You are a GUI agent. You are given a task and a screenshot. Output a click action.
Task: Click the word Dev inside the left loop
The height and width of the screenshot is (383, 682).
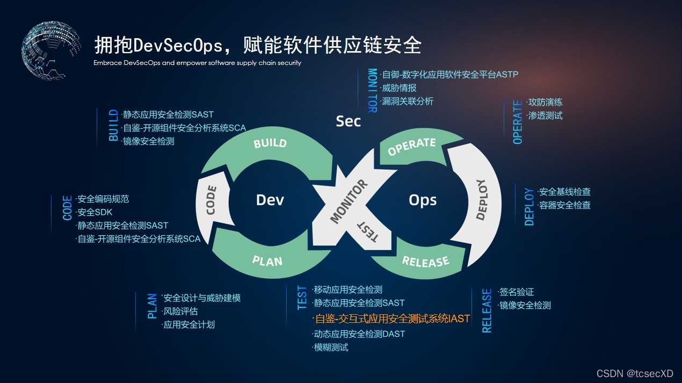270,200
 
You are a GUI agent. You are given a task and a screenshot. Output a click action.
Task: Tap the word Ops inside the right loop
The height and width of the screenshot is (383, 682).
423,200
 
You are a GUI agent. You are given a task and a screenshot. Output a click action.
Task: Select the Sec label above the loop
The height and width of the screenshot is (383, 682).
348,121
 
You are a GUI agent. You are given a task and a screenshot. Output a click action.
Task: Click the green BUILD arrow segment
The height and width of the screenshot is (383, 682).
270,143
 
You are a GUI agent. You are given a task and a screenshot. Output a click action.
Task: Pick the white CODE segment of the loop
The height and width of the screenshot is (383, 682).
211,200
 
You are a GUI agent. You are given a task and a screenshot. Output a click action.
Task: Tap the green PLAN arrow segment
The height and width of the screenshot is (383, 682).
267,261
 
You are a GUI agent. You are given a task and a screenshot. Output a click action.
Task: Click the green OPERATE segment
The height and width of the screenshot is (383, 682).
412,146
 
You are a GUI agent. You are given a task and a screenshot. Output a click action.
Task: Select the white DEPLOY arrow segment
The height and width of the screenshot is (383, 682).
480,200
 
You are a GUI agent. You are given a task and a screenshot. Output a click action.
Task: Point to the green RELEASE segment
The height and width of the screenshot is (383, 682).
425,262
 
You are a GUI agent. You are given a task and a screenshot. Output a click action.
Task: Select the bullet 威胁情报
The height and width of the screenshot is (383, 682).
398,88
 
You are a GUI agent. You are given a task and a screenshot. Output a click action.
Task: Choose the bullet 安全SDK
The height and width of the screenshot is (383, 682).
95,212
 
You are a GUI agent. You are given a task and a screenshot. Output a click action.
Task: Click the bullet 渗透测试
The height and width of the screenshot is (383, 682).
545,115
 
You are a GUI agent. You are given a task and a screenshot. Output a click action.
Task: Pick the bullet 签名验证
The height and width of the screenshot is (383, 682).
516,292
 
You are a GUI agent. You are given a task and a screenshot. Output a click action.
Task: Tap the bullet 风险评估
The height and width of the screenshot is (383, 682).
180,311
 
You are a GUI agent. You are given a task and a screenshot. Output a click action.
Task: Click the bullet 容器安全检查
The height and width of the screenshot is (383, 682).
564,205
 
